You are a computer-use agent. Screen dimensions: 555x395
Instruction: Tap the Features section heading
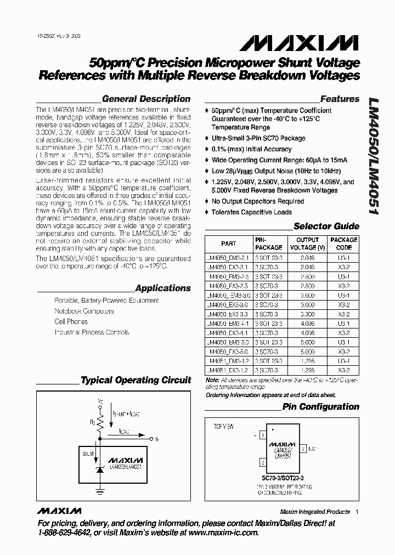tap(340, 99)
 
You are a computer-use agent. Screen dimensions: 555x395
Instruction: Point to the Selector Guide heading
tap(326, 226)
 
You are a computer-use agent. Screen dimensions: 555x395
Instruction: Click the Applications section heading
tap(162, 288)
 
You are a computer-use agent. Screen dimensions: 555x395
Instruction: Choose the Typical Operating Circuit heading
tap(136, 380)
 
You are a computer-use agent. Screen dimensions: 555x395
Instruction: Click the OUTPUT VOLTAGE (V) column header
tap(307, 243)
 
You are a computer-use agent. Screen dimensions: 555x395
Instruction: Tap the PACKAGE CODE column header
tap(343, 243)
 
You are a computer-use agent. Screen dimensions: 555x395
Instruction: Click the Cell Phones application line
tap(71, 321)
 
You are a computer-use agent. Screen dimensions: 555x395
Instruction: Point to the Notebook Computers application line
tap(84, 311)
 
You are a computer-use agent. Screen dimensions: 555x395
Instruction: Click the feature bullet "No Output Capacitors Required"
tap(258, 201)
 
